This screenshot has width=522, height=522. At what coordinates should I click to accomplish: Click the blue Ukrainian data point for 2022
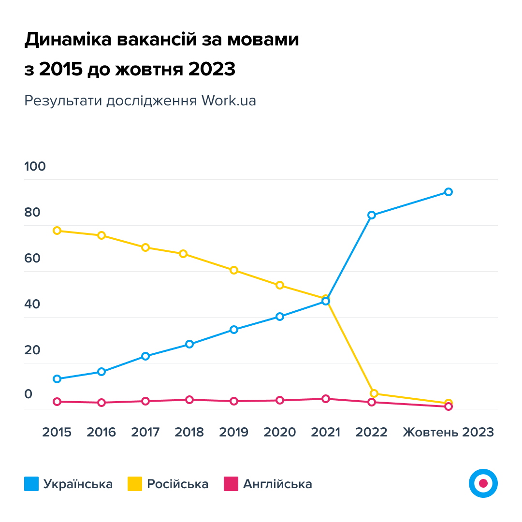point(372,215)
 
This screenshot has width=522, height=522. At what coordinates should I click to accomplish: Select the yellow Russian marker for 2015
point(57,231)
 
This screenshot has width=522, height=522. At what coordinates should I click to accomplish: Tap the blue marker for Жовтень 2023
point(449,192)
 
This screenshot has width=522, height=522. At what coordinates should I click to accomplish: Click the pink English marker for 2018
point(189,400)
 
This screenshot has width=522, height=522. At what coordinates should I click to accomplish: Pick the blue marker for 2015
point(57,379)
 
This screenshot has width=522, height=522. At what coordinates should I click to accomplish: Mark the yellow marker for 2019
point(234,270)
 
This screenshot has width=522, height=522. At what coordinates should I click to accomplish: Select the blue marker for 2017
point(145,356)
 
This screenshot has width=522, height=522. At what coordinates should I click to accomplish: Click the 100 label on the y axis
point(35,167)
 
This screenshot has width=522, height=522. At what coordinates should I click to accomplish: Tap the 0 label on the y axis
point(29,394)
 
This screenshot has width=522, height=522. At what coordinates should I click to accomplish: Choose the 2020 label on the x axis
point(279,432)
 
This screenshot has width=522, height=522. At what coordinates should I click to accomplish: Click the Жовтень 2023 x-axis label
point(449,432)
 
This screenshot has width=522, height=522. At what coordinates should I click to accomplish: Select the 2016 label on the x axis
point(101,432)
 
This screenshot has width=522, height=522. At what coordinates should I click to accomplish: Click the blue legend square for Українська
point(31,484)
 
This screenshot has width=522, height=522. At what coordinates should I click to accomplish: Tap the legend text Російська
point(177,484)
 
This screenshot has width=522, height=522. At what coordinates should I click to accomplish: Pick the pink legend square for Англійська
point(232,484)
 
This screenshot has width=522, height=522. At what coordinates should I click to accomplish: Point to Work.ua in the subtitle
point(229,101)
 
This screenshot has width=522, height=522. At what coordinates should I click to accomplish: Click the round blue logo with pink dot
point(483,483)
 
